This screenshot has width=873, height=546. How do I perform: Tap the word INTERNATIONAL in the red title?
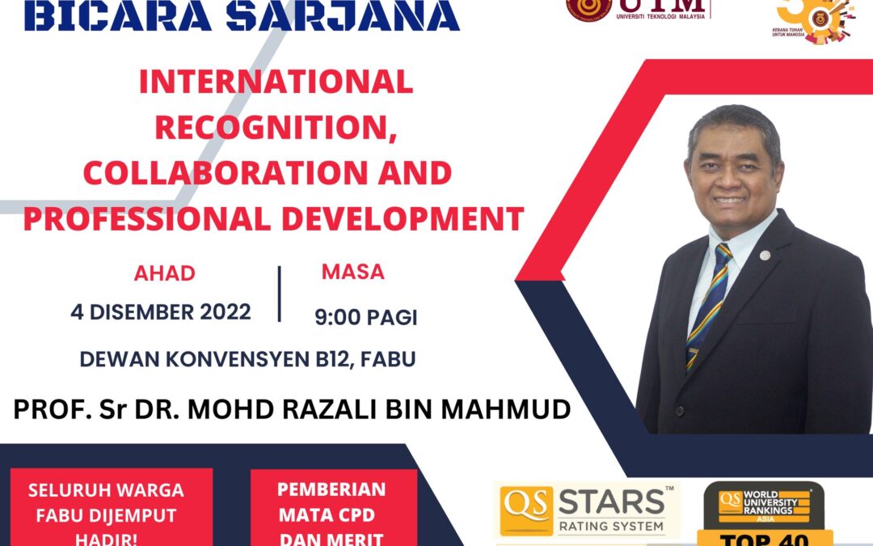point(276,82)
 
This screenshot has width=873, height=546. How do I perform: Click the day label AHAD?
point(165,273)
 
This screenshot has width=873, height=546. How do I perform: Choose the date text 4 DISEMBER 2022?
point(161,312)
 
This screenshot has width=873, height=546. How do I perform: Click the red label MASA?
point(352,273)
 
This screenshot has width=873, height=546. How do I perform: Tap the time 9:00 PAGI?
point(366,318)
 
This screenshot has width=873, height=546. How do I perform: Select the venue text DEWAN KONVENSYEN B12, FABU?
point(247,359)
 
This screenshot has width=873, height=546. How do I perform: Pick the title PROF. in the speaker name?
point(48,409)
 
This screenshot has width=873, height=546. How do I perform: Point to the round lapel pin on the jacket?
point(765,255)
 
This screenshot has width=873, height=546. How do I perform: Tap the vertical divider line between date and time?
point(280,294)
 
